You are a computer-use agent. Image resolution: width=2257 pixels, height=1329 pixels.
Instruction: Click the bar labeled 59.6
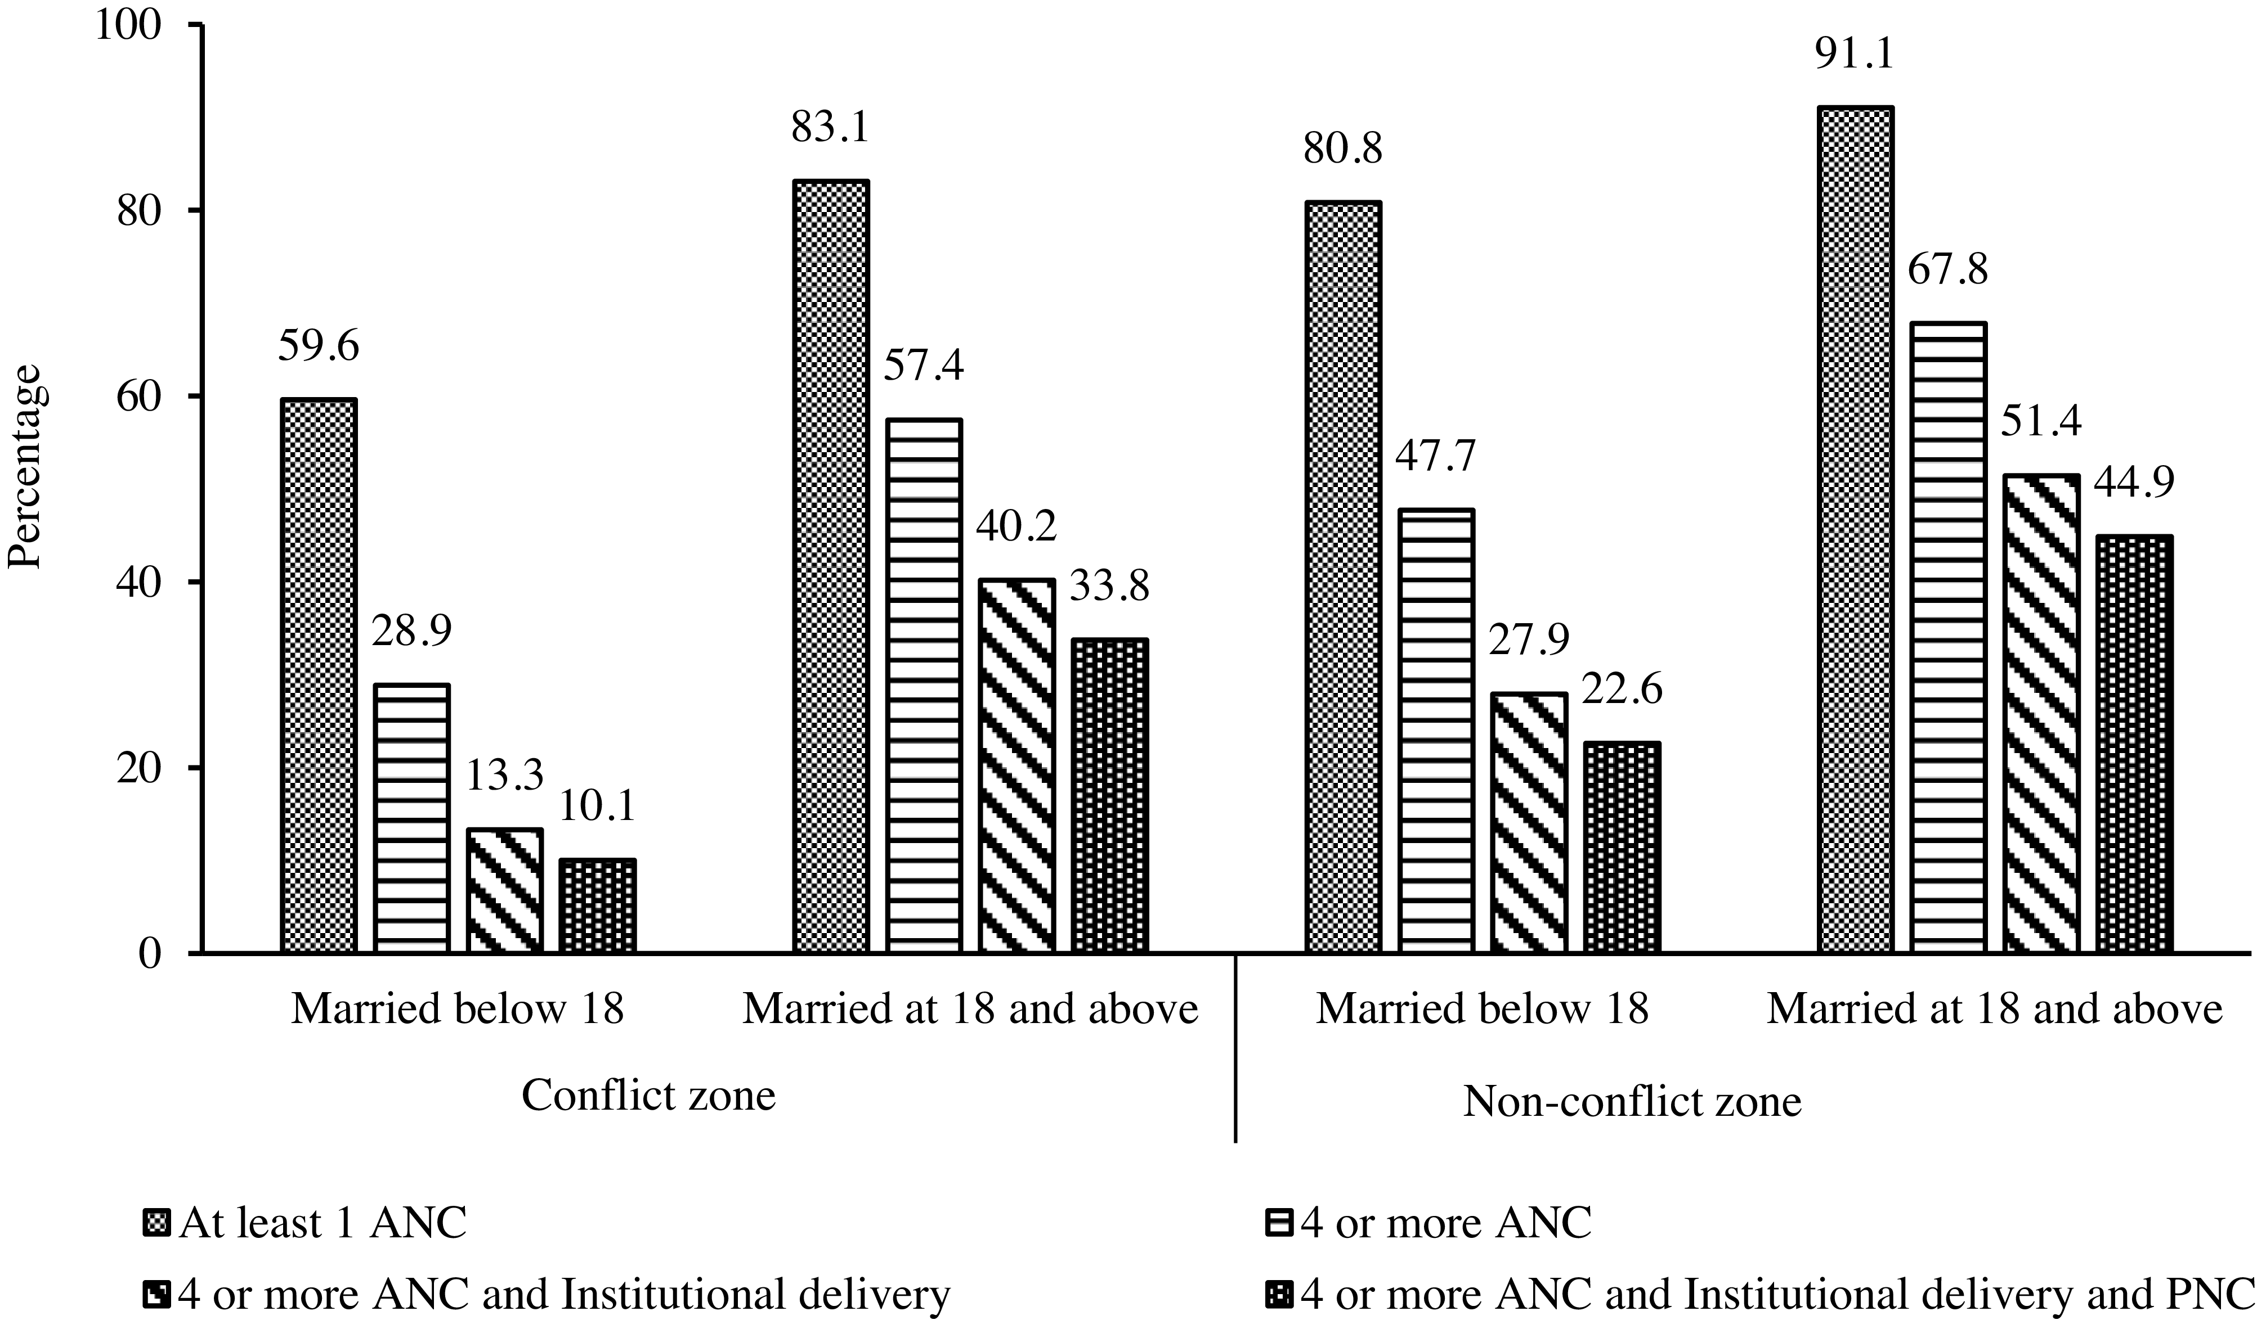coord(319,675)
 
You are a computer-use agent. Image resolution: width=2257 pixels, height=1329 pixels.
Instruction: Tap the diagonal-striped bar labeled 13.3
coord(505,890)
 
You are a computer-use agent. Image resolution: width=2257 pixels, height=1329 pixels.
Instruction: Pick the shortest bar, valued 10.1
coord(598,905)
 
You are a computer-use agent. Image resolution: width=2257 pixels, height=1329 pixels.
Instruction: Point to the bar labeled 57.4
coord(924,685)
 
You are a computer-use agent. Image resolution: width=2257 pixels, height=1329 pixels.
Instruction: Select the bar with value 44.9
coord(2134,744)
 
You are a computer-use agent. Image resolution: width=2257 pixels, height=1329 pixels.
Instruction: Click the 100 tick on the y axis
coord(133,25)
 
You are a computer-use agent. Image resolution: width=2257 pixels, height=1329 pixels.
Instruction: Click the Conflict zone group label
coord(648,1095)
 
